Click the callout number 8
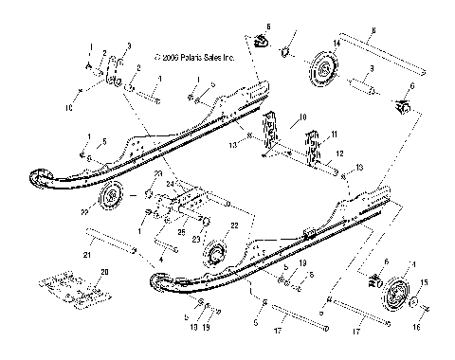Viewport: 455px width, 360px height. click(x=373, y=31)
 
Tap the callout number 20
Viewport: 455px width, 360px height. click(x=104, y=272)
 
